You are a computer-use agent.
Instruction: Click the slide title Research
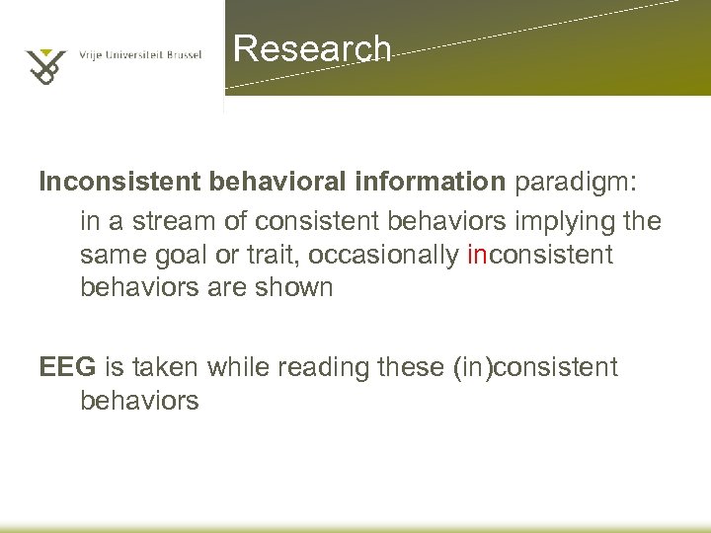[x=313, y=48]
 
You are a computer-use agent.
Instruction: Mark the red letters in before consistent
[x=476, y=255]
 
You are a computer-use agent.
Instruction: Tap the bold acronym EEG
[x=67, y=368]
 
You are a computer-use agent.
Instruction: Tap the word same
[x=114, y=255]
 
